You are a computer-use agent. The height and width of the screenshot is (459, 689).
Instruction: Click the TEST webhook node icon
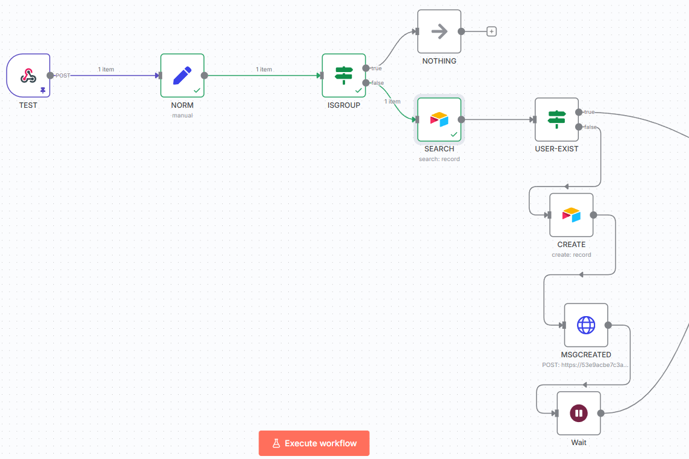point(28,76)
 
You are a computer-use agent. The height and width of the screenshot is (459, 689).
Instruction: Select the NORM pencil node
point(182,76)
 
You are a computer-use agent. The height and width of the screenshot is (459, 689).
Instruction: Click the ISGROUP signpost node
point(344,76)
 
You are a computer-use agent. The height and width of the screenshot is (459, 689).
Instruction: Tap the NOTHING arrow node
point(439,31)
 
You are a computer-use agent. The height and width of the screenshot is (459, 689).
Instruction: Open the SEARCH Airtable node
point(439,119)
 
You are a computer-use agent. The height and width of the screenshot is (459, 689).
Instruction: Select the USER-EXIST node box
point(556,119)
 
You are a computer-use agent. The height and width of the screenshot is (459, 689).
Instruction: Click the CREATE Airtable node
point(571,215)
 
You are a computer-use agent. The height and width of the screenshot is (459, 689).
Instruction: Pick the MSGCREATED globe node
point(585,325)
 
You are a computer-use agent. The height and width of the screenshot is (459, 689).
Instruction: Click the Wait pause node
point(578,414)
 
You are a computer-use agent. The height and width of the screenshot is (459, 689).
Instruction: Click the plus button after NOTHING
point(492,31)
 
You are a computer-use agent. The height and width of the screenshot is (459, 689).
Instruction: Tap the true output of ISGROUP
point(366,68)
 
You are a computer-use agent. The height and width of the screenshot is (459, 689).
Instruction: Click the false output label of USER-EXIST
point(590,127)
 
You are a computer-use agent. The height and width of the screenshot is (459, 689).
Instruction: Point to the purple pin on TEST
point(43,90)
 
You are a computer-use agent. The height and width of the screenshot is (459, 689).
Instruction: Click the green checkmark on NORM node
point(197,90)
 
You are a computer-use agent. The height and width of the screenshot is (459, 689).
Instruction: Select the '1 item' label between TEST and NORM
point(107,69)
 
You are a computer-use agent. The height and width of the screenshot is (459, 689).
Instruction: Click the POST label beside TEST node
point(63,76)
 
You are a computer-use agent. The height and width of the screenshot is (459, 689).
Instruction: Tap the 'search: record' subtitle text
point(439,159)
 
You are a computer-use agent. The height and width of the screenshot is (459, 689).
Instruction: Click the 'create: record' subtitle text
point(571,255)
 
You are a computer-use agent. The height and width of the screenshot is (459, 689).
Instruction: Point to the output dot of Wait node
point(601,414)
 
